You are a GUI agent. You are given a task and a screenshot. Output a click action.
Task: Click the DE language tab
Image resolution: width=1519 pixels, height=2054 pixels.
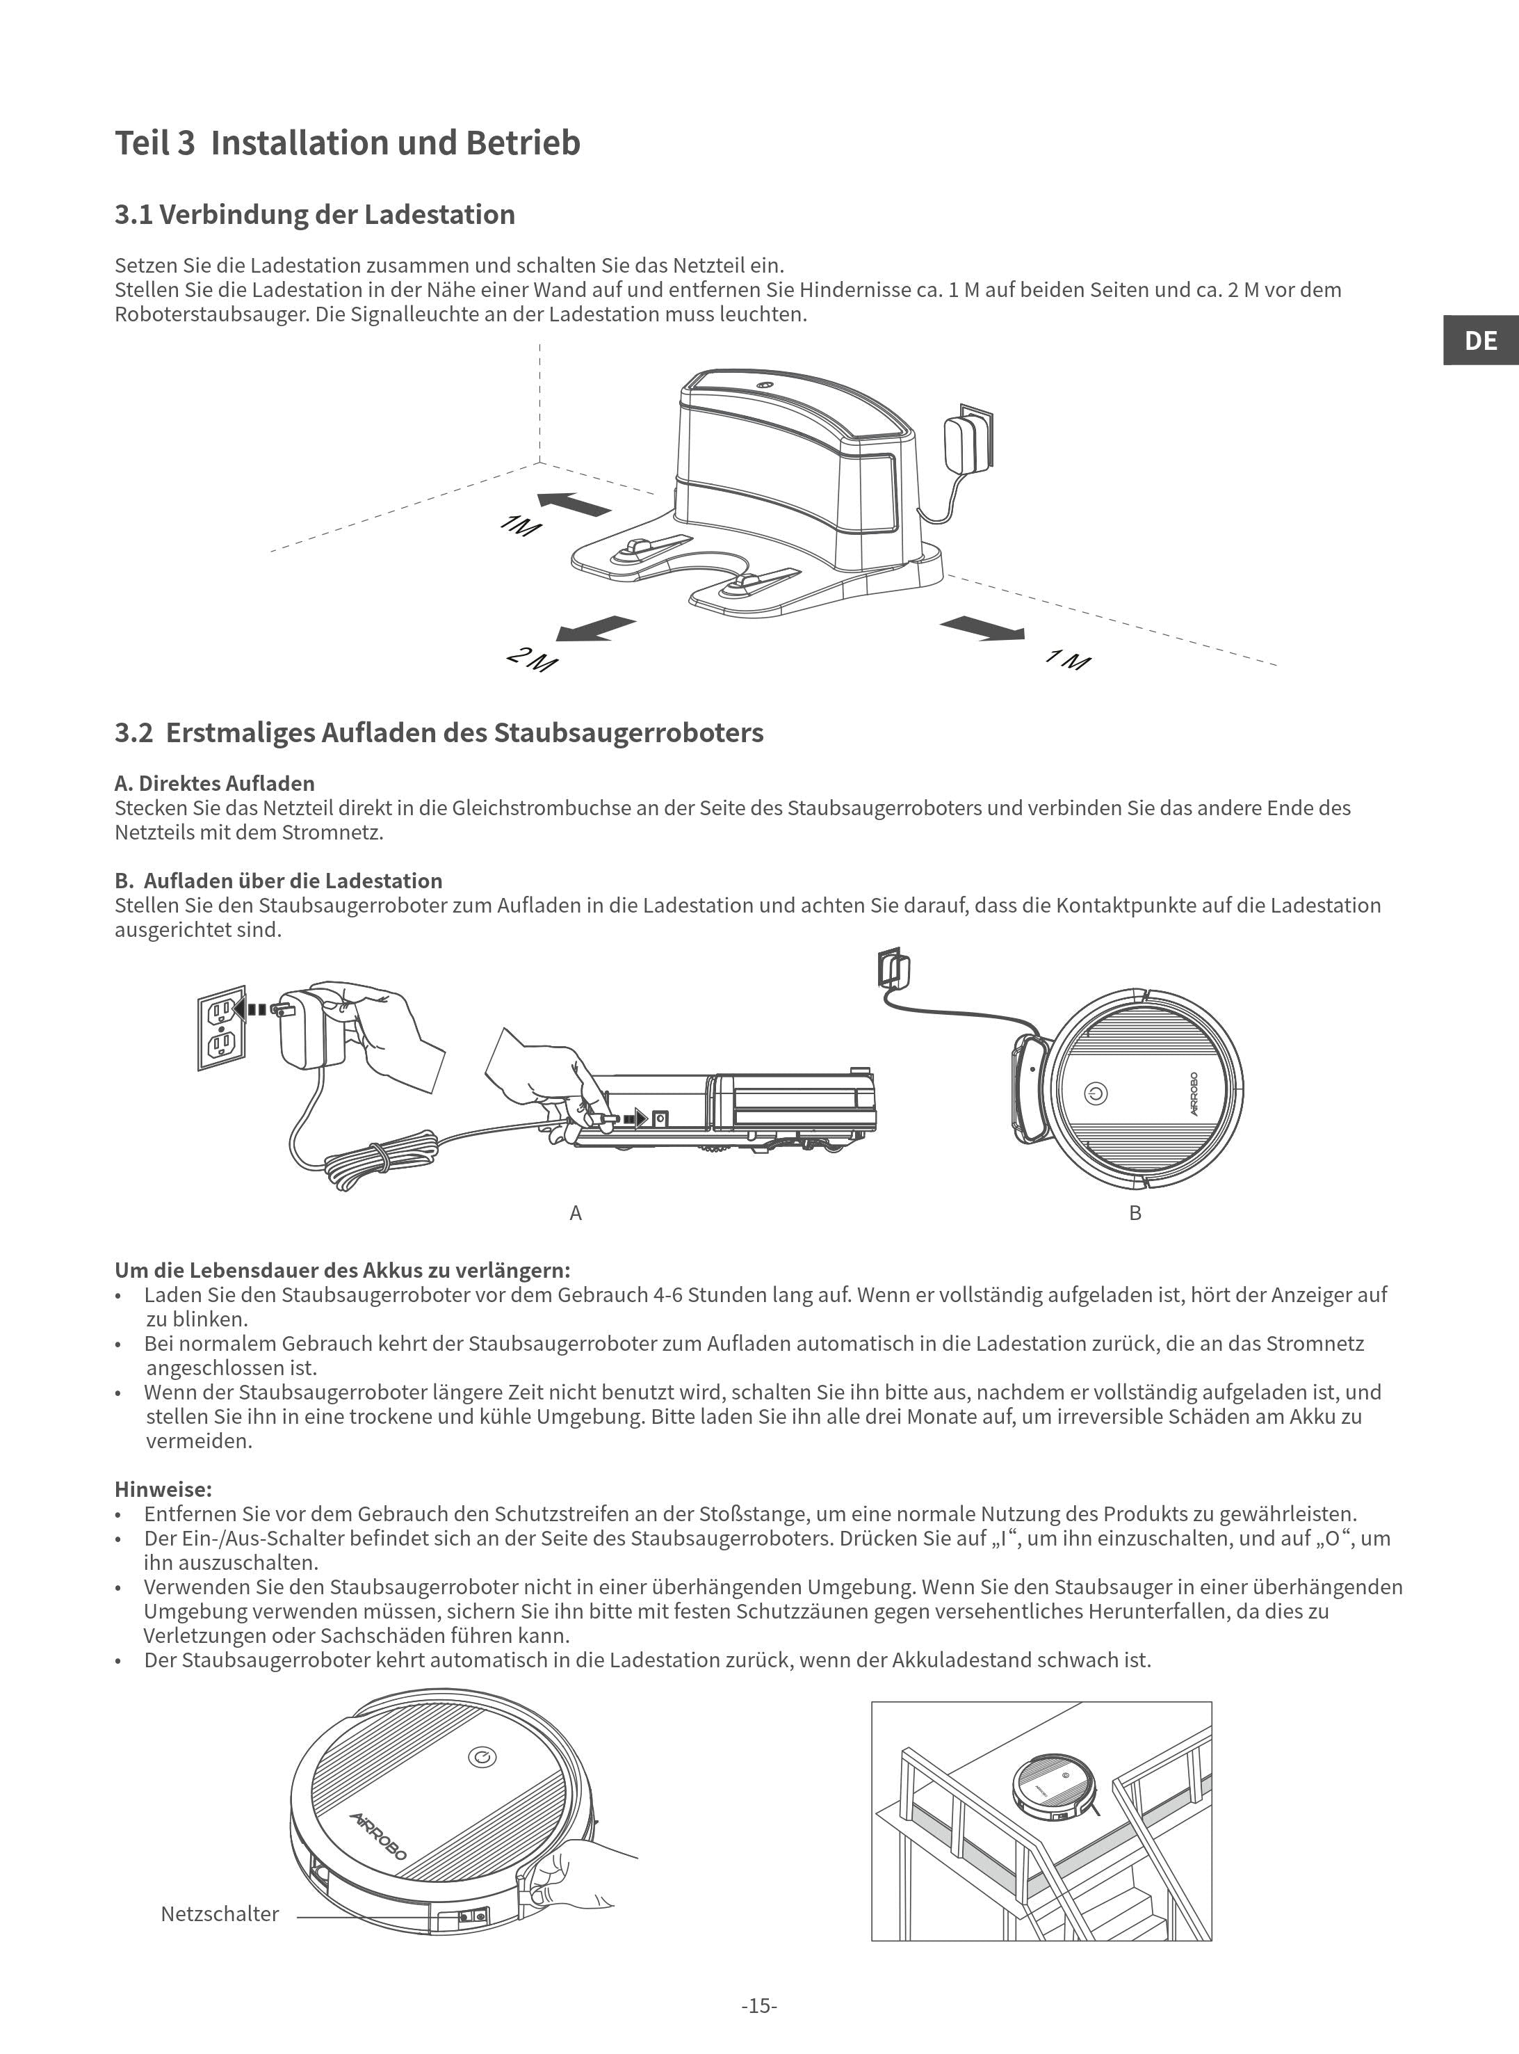click(1480, 340)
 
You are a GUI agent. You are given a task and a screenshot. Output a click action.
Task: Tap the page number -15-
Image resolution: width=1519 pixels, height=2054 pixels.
click(759, 2006)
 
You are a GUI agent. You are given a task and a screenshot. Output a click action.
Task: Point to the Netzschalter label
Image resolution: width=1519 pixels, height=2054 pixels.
click(220, 1914)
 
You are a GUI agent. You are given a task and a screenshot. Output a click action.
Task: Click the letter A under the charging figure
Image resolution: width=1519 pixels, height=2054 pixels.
click(576, 1213)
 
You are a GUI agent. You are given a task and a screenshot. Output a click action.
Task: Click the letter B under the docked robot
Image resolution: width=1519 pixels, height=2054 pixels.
click(1135, 1213)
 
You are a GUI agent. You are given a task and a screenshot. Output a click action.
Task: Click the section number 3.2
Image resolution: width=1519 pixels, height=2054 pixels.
click(133, 733)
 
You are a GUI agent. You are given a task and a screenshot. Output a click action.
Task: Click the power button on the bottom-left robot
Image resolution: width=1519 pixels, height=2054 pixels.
click(482, 1758)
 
